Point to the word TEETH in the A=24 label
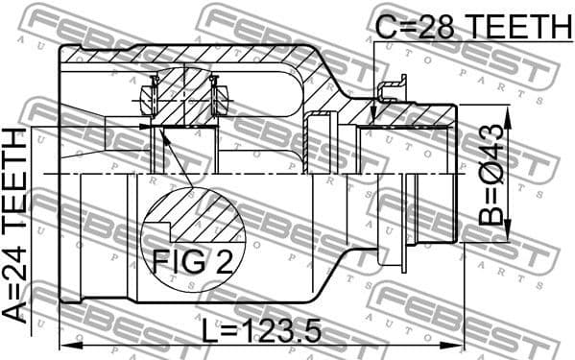coord(17,182)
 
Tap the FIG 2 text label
coord(192,262)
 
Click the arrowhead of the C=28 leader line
coord(372,120)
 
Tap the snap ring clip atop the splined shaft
coord(390,92)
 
